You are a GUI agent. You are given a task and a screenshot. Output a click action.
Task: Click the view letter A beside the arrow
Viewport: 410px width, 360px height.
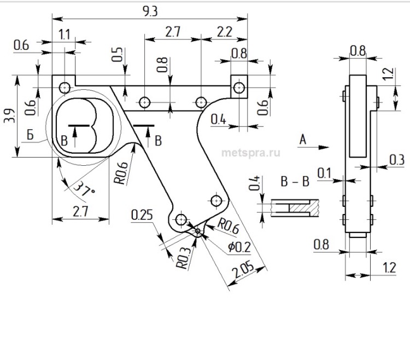(x=302, y=141)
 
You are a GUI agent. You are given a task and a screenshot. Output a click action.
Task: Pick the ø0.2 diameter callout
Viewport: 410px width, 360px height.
(x=239, y=247)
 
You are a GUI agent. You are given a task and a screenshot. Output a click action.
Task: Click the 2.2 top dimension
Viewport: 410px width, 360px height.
(x=224, y=32)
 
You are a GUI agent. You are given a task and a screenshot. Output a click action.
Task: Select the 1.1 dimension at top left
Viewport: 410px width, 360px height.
(x=65, y=35)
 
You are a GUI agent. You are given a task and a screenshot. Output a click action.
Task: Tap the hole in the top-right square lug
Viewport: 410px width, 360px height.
(x=238, y=86)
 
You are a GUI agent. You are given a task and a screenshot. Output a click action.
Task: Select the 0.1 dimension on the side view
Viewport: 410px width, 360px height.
(x=325, y=173)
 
